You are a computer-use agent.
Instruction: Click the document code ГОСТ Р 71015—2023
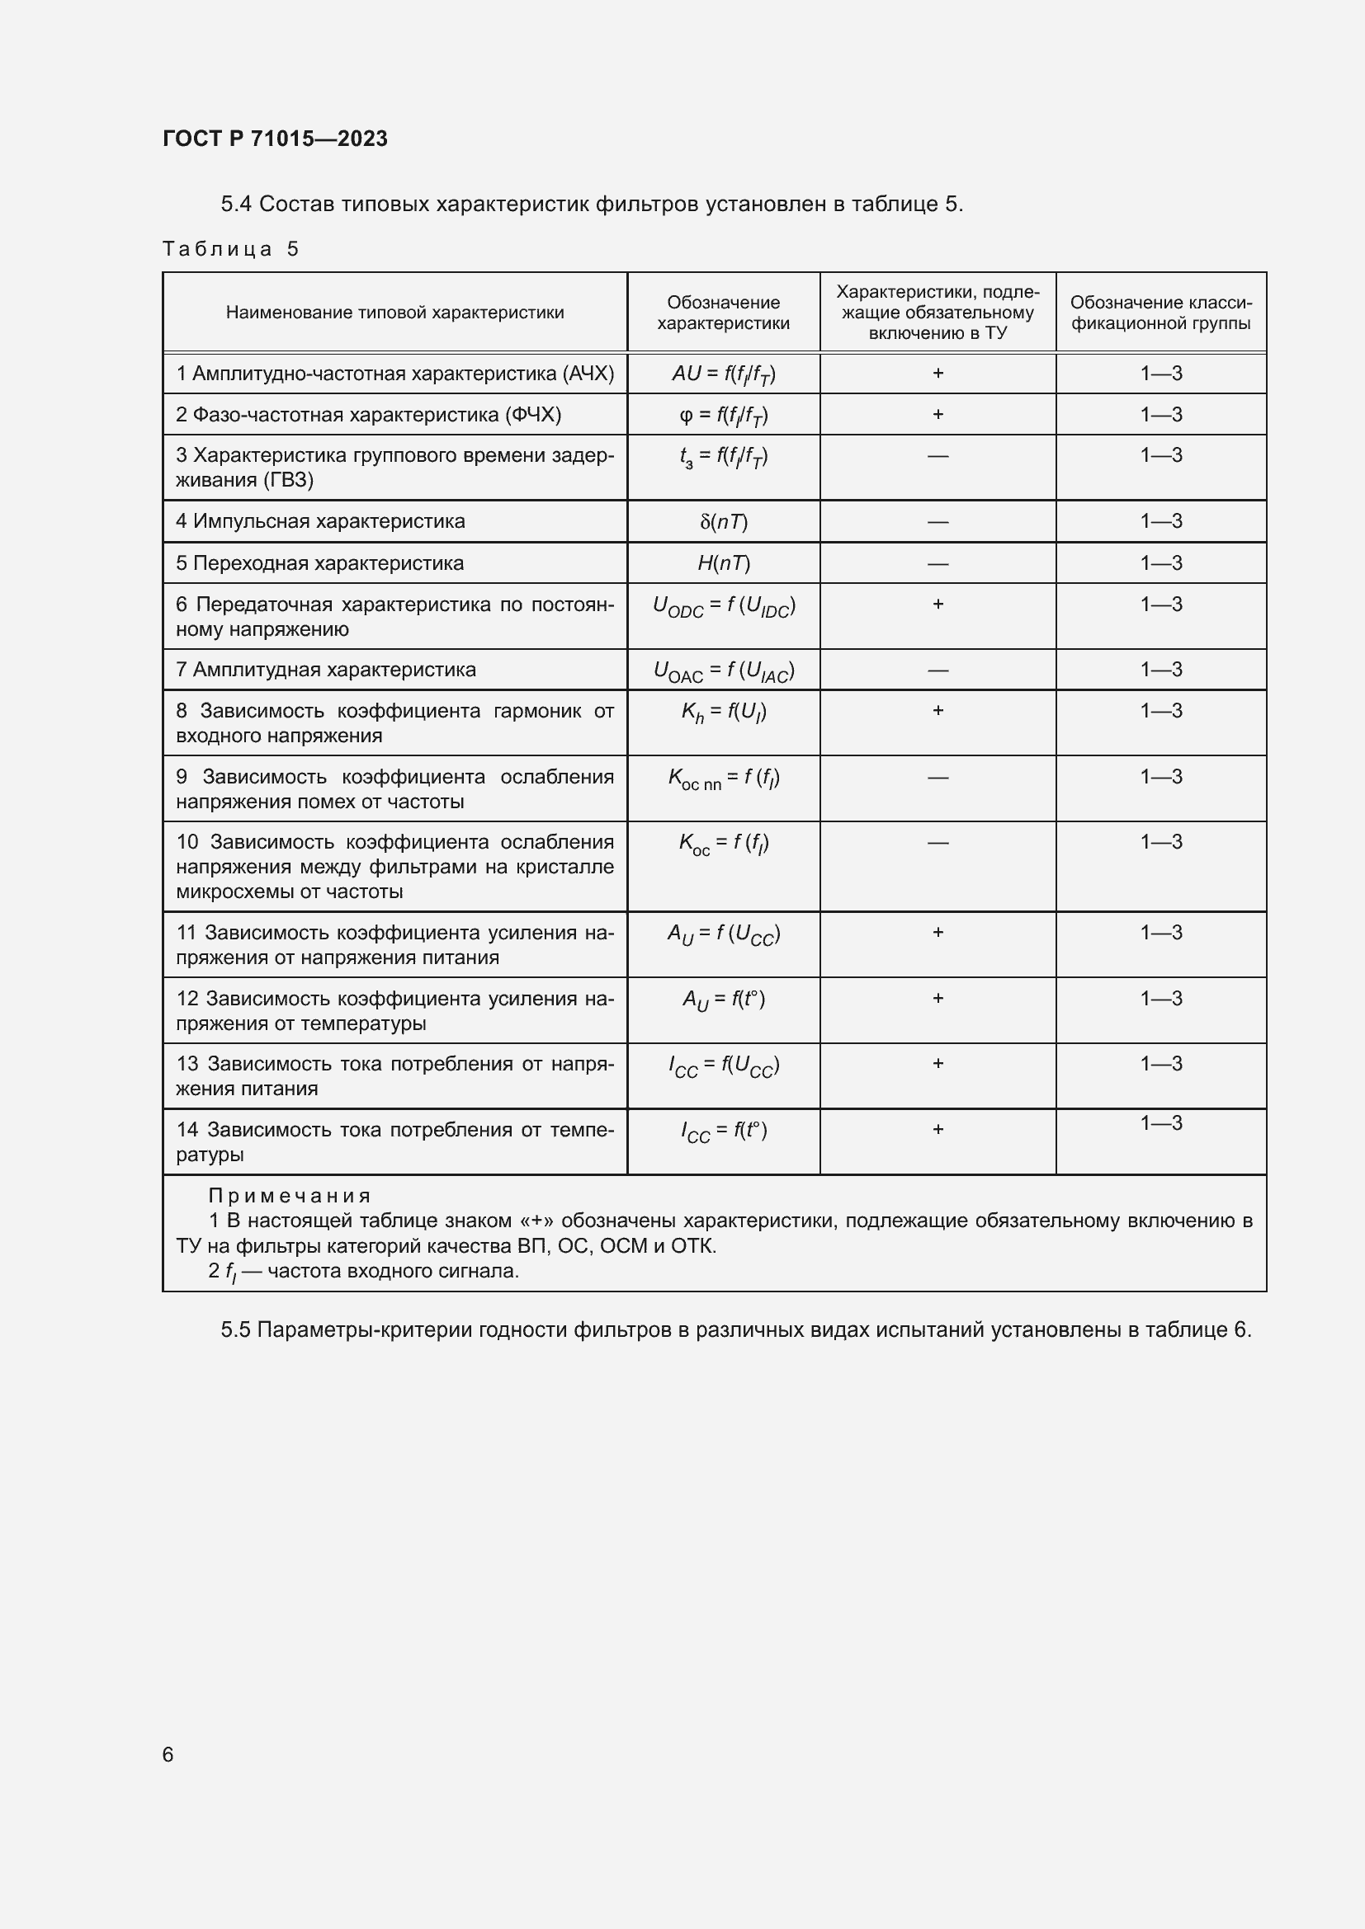(x=275, y=139)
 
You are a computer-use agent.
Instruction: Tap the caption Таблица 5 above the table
(x=230, y=249)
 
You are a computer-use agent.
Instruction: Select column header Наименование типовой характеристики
(x=394, y=313)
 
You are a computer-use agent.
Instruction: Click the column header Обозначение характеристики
(x=723, y=313)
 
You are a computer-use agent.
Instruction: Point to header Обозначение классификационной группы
(x=1161, y=313)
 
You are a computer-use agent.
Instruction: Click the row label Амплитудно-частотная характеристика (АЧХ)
(x=394, y=373)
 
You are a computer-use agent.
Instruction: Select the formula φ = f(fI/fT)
(x=723, y=415)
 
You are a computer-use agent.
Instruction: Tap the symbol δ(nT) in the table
(x=723, y=522)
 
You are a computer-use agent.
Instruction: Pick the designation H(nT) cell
(x=723, y=563)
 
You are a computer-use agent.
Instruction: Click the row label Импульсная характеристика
(x=320, y=521)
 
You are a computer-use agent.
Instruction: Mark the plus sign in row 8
(x=938, y=711)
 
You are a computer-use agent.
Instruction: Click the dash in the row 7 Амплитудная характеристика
(x=938, y=670)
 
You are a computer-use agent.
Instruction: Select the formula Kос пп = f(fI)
(x=723, y=779)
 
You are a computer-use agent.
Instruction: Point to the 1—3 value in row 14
(x=1161, y=1122)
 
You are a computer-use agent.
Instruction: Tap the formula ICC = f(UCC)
(x=723, y=1066)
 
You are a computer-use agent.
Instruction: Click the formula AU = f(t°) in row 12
(x=723, y=1000)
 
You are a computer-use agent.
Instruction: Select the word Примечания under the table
(x=289, y=1196)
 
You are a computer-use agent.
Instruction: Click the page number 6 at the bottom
(x=168, y=1754)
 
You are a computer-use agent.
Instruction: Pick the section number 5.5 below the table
(x=235, y=1330)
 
